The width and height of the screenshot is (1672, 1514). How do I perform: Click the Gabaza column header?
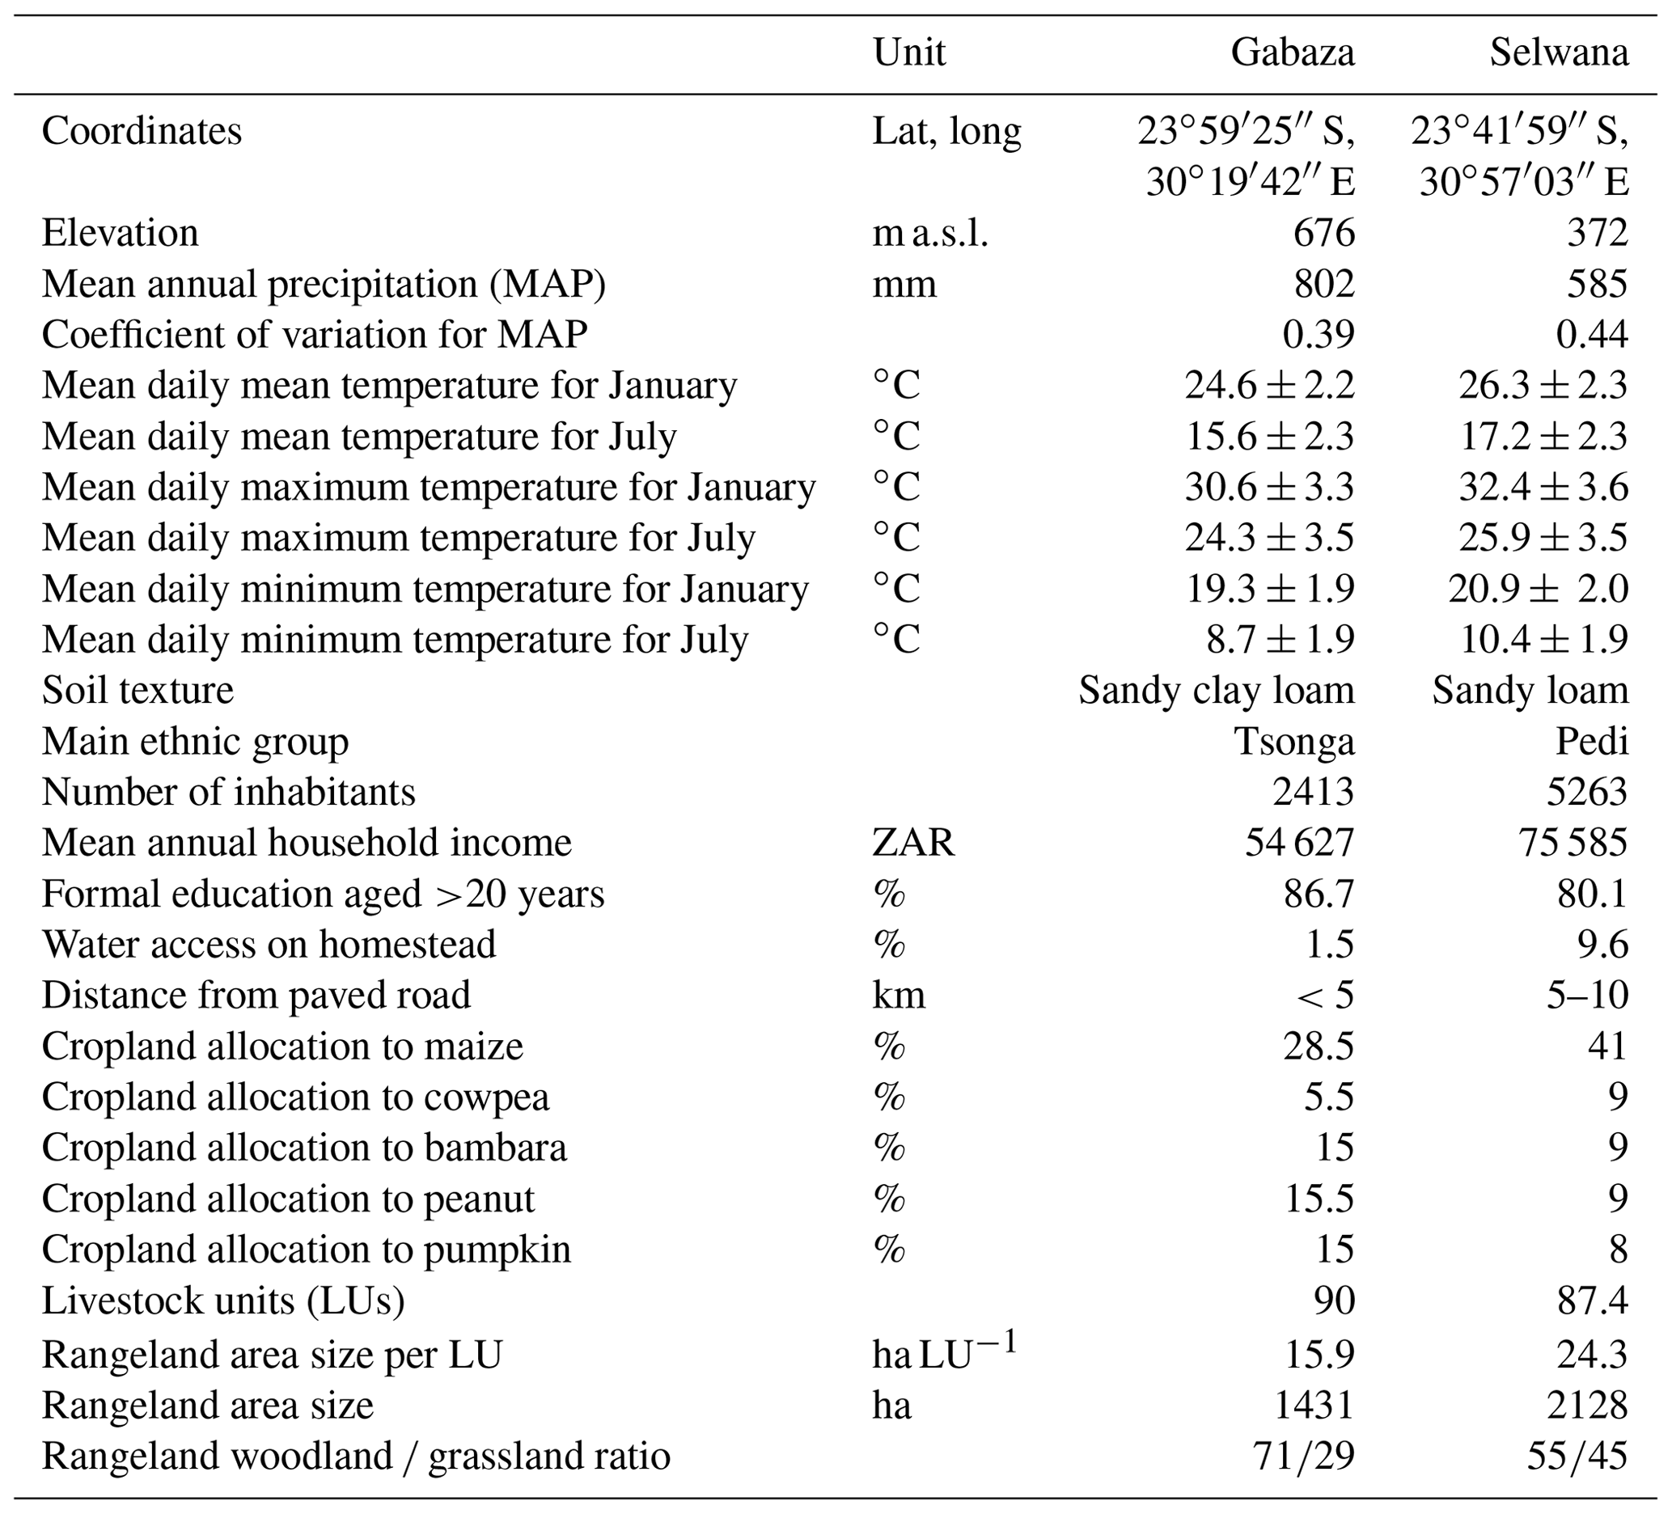point(1292,53)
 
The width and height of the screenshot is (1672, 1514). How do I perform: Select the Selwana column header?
point(1559,53)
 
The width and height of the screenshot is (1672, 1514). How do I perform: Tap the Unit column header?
point(908,53)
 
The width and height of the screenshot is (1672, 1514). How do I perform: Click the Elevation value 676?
point(1323,233)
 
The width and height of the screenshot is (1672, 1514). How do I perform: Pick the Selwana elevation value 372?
point(1598,233)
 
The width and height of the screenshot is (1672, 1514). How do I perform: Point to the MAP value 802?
point(1323,284)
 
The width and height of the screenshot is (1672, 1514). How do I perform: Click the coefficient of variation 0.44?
point(1592,334)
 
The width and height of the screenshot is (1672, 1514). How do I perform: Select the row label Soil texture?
point(138,691)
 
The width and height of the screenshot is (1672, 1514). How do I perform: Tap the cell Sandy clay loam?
point(1216,691)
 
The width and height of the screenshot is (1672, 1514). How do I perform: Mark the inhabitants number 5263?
point(1586,792)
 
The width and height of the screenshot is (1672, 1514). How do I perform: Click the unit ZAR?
point(913,844)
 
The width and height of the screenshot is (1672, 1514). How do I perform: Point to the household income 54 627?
point(1299,844)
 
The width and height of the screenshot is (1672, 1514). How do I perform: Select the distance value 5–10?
point(1586,995)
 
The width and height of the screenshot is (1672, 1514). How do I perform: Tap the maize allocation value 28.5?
point(1319,1047)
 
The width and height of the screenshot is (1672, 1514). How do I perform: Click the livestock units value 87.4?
point(1592,1301)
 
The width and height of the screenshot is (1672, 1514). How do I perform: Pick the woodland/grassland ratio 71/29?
point(1305,1456)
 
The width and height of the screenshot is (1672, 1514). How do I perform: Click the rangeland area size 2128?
point(1586,1406)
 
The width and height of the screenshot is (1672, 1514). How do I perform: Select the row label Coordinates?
point(142,132)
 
